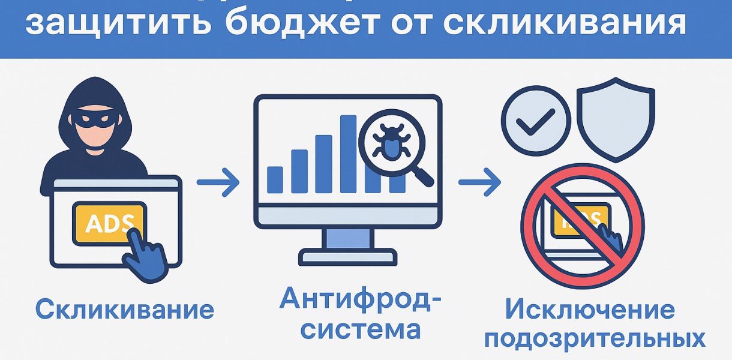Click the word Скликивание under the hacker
125,310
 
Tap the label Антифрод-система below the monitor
356,313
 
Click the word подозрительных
595,338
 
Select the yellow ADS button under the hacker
109,222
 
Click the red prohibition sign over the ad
582,227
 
